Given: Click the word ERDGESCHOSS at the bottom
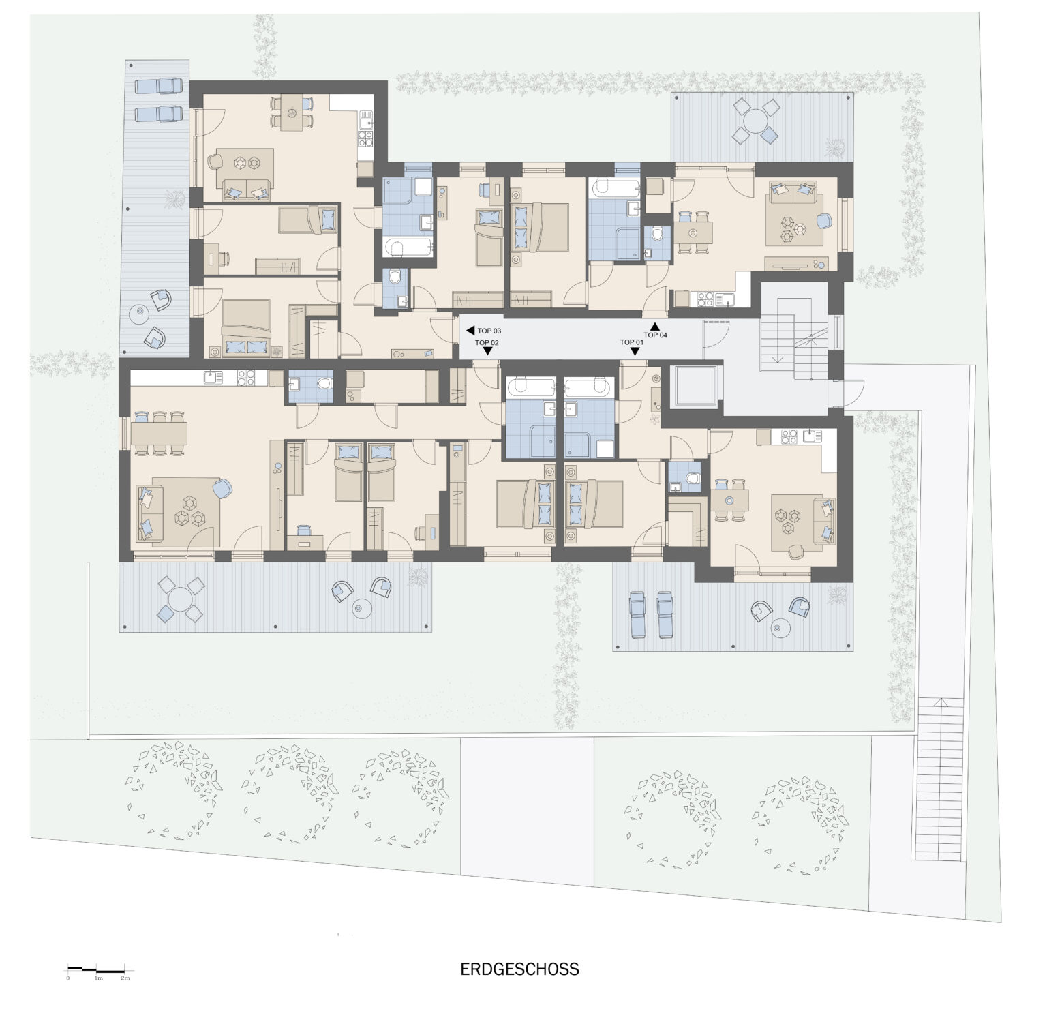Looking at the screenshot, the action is pyautogui.click(x=519, y=969).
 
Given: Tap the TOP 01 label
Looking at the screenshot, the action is pyautogui.click(x=631, y=342).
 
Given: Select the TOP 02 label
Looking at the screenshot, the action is pyautogui.click(x=487, y=342).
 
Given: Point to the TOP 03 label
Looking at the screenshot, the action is pyautogui.click(x=489, y=331).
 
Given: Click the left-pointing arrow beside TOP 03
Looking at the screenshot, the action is pyautogui.click(x=470, y=331).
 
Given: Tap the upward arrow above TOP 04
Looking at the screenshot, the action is pyautogui.click(x=655, y=326).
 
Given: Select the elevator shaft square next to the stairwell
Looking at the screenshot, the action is pyautogui.click(x=695, y=387).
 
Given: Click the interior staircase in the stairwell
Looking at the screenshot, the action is pyautogui.click(x=793, y=346).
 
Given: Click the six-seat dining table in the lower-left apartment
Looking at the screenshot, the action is pyautogui.click(x=160, y=432).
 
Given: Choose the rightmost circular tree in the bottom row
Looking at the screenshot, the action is pyautogui.click(x=798, y=823).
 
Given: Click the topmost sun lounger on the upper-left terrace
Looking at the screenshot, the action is pyautogui.click(x=159, y=87).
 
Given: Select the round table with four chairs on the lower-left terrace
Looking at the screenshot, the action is pyautogui.click(x=180, y=600).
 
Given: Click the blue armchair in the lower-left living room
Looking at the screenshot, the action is pyautogui.click(x=222, y=488).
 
